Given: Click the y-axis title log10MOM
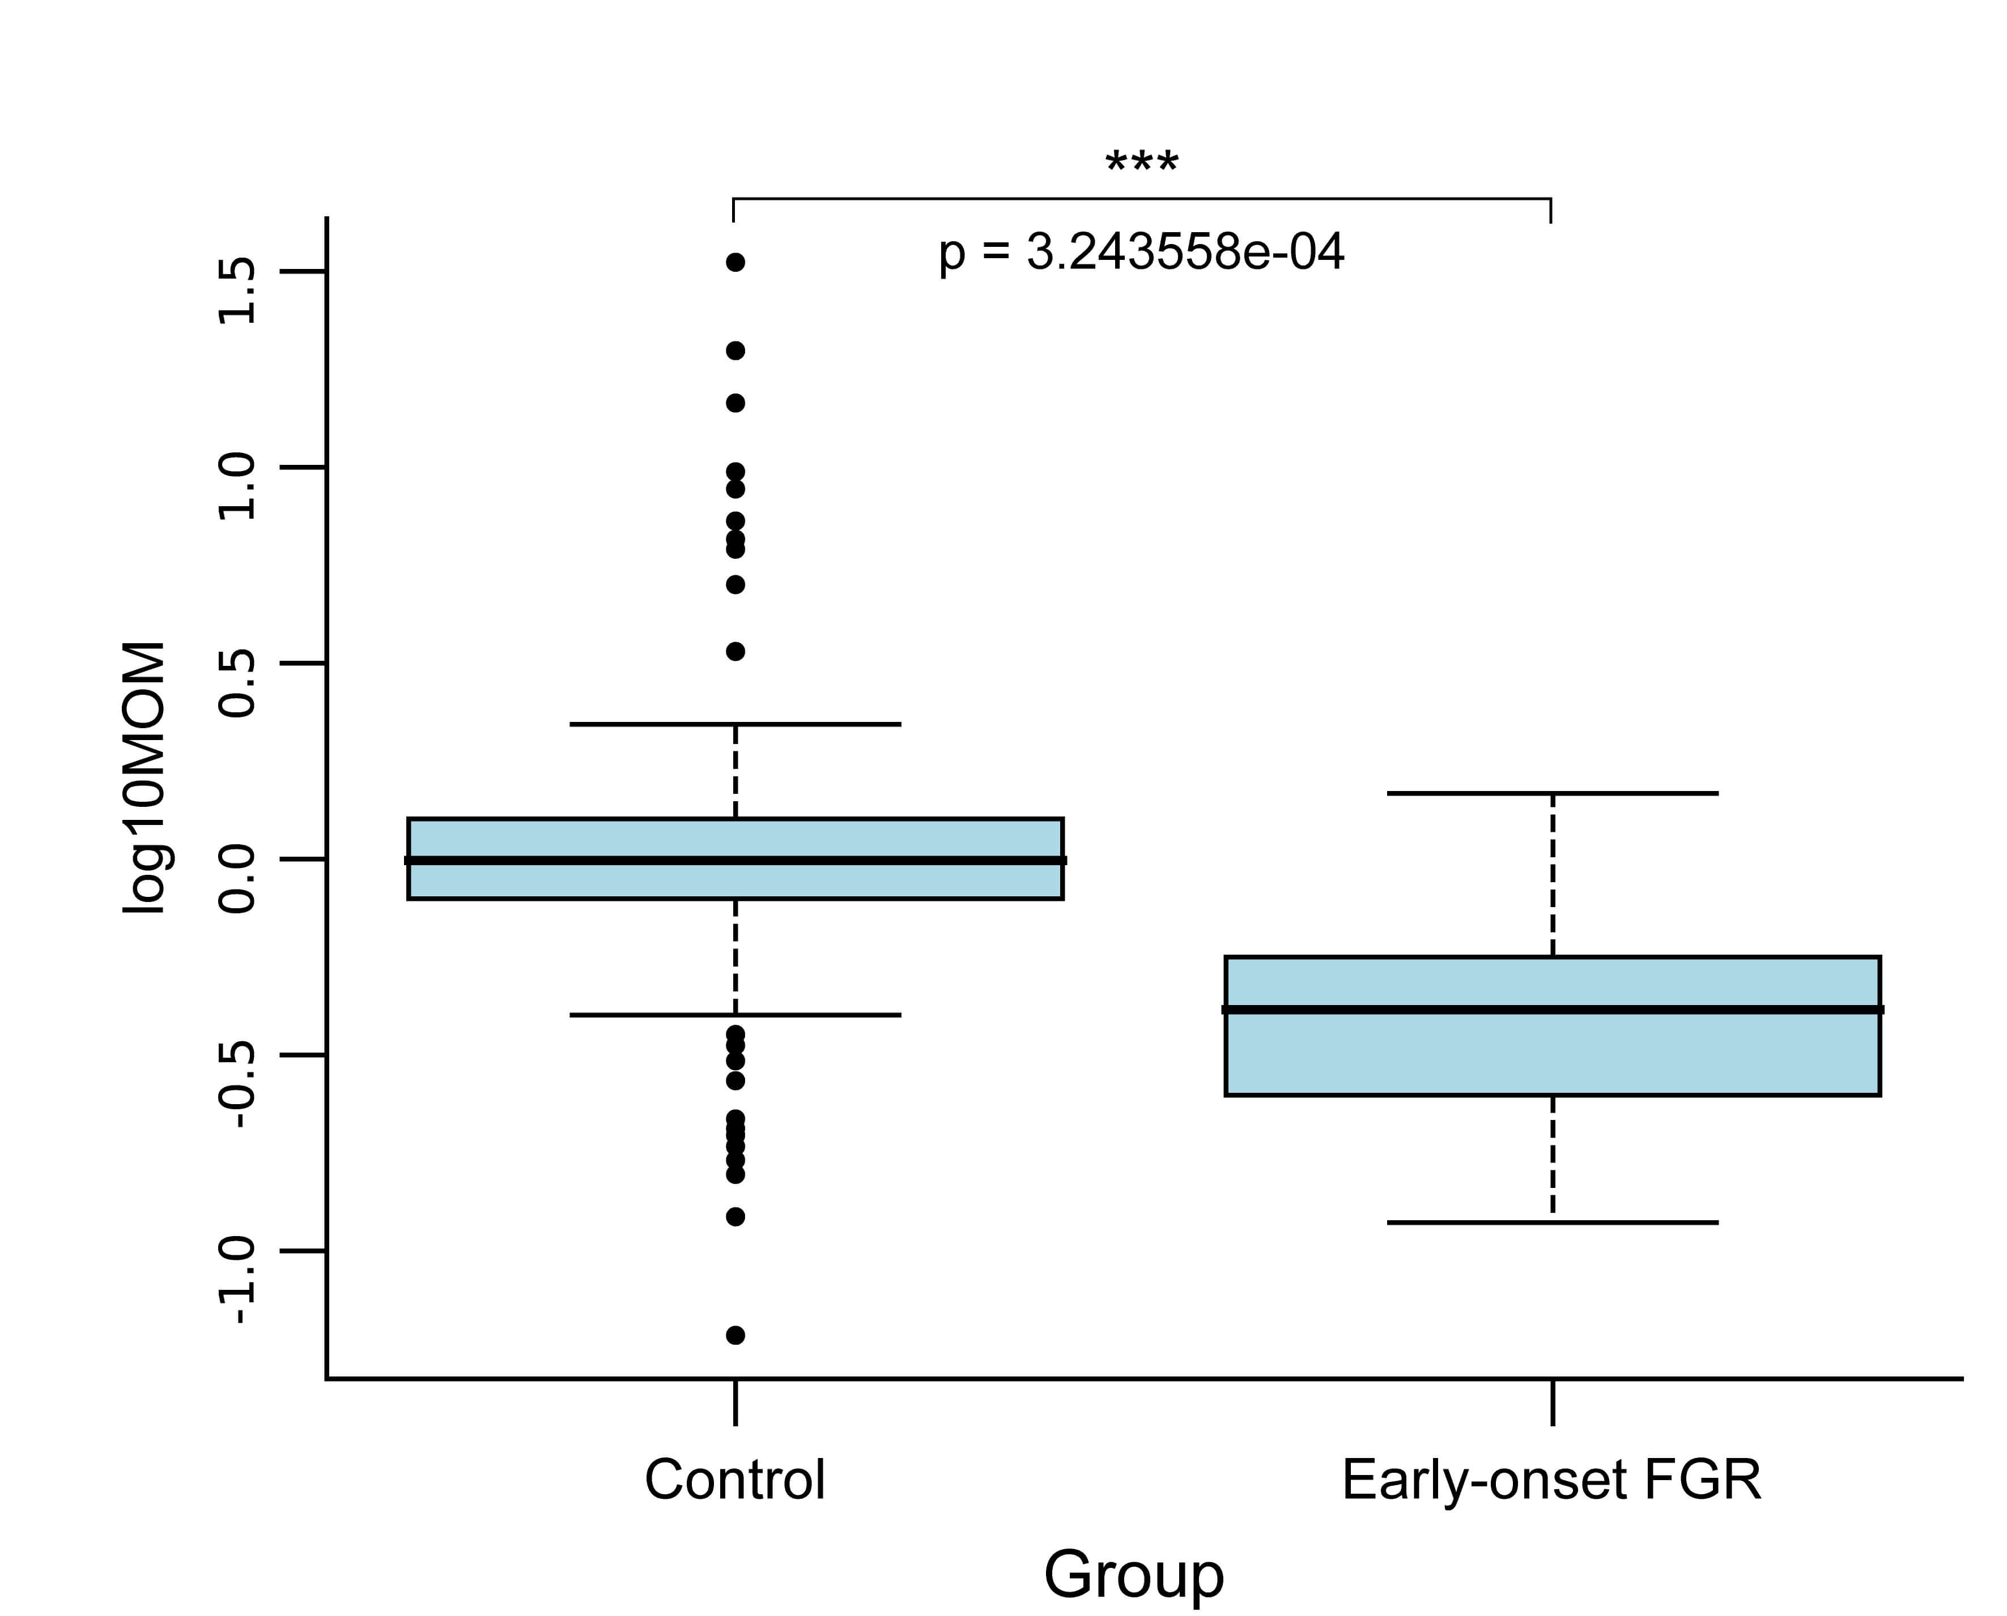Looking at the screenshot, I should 144,777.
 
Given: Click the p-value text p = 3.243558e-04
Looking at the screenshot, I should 1142,253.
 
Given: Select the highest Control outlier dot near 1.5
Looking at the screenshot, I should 735,263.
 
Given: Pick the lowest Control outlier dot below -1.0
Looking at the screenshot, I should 735,1335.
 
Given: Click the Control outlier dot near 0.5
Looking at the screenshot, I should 735,652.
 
